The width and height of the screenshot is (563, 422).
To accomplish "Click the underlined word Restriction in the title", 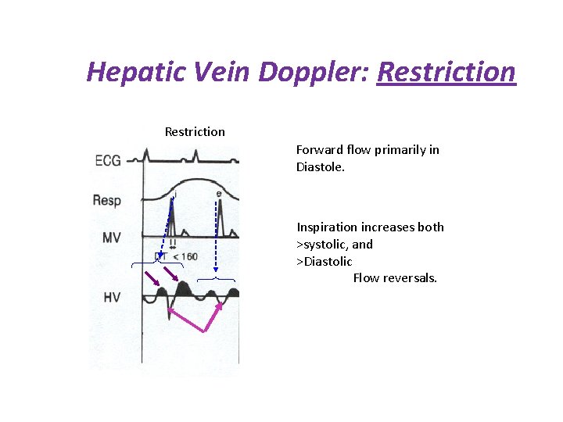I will pyautogui.click(x=446, y=71).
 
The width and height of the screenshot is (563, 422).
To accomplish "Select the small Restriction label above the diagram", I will pyautogui.click(x=195, y=132).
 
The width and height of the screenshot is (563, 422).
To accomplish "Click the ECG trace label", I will pyautogui.click(x=107, y=160).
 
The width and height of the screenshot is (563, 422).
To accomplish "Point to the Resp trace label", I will pyautogui.click(x=107, y=200).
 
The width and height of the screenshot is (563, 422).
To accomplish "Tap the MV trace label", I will pyautogui.click(x=111, y=238).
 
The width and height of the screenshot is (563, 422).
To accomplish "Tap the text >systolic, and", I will pyautogui.click(x=335, y=245).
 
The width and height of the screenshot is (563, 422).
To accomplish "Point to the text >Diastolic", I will pyautogui.click(x=325, y=262).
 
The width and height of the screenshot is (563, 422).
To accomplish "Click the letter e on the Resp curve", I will pyautogui.click(x=218, y=194).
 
